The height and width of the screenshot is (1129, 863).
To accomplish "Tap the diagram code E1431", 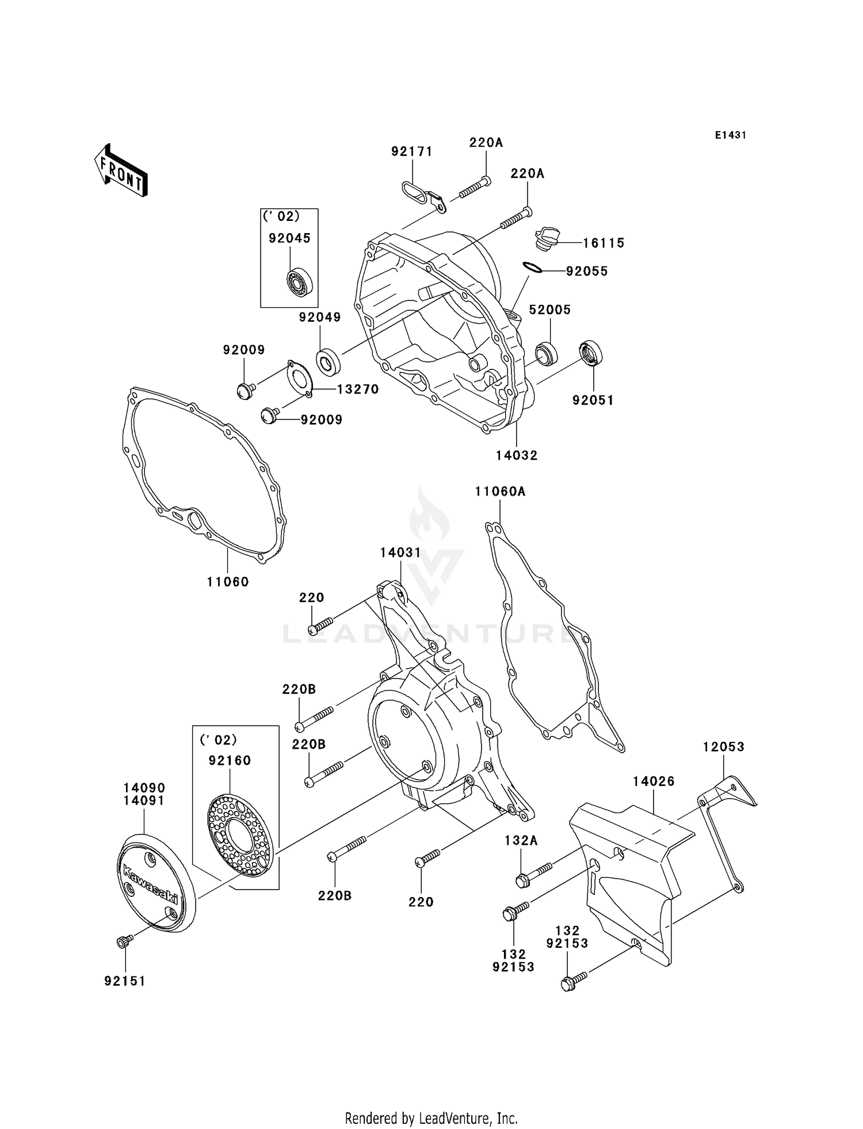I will (x=730, y=135).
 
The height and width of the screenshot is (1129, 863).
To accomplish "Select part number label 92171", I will (x=412, y=151).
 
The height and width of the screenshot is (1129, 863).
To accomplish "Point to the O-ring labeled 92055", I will (x=532, y=268).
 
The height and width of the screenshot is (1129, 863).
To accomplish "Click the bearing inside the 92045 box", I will (x=300, y=281).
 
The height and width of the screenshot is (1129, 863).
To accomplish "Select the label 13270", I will (x=358, y=390).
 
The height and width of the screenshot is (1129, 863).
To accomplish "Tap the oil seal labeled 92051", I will (x=591, y=352).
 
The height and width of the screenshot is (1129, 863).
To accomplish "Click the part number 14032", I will (x=517, y=455).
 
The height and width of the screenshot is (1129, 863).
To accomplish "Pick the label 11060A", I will (x=500, y=491).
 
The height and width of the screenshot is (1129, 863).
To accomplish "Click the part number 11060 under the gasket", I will (x=228, y=582).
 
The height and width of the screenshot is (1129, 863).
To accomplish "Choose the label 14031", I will (x=400, y=552).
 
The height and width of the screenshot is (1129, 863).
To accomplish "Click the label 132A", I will (x=521, y=840).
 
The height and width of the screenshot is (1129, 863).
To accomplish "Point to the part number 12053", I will (x=723, y=747).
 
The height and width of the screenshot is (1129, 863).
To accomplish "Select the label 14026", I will (x=654, y=781).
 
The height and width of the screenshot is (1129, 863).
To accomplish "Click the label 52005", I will (x=549, y=310).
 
